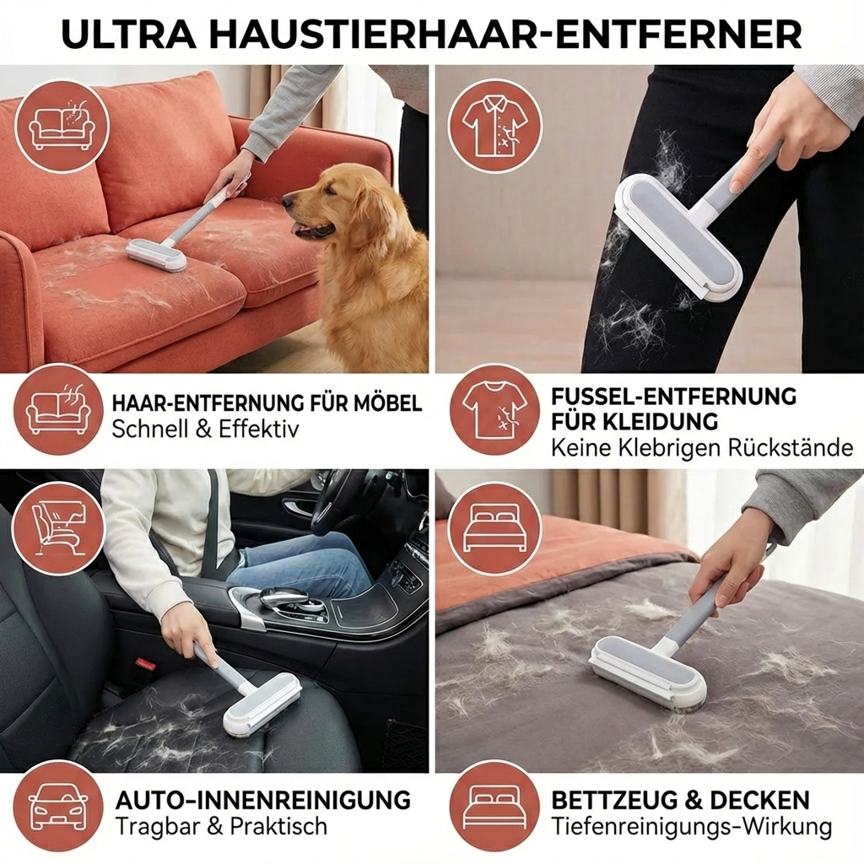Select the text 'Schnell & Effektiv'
click(205, 429)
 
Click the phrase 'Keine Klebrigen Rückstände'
click(701, 448)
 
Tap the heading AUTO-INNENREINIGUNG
click(262, 799)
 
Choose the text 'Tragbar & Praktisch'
click(220, 826)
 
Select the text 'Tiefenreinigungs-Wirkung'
click(691, 826)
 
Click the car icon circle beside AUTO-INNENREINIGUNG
click(59, 806)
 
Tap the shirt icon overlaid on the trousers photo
click(494, 126)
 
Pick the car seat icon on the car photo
click(59, 527)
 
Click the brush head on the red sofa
click(157, 255)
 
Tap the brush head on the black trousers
click(679, 237)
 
